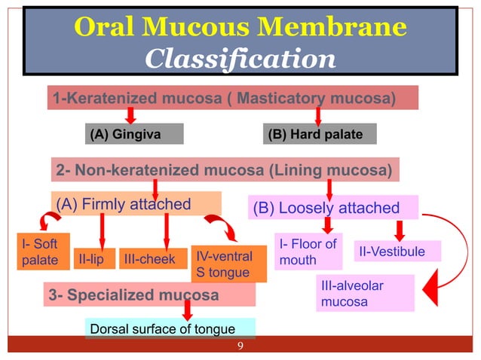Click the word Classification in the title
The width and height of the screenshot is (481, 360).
(x=240, y=58)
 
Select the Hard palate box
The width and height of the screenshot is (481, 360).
(x=319, y=134)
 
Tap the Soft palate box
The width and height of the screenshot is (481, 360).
(x=35, y=252)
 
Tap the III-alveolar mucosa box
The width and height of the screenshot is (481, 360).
(x=365, y=294)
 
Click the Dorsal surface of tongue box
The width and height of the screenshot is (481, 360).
(x=169, y=329)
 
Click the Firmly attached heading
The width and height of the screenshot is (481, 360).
(x=136, y=203)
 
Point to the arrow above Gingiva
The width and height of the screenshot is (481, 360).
(x=130, y=114)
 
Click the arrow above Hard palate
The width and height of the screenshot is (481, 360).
(x=318, y=114)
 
